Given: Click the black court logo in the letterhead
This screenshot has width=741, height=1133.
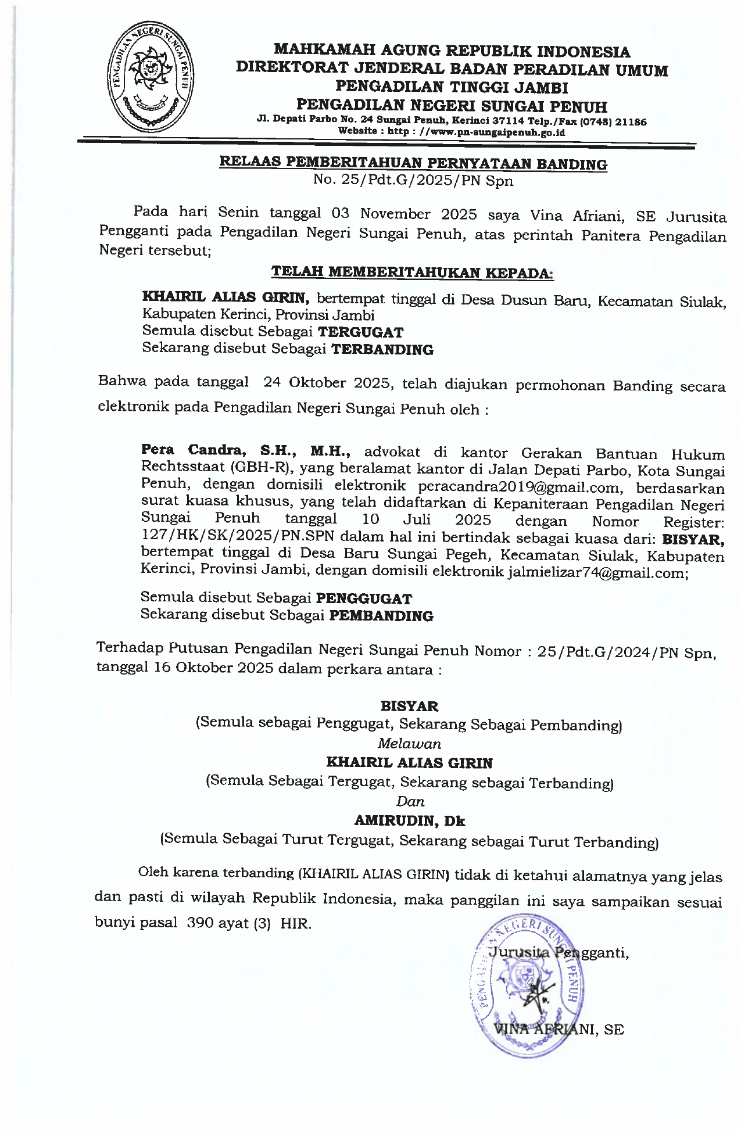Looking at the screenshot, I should pos(150,77).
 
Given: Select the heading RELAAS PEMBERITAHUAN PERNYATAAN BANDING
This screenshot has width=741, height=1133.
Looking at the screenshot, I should pos(413,163).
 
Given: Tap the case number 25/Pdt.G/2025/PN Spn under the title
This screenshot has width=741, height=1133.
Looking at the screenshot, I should pos(413,181).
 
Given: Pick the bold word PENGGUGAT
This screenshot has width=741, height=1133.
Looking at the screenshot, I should pos(364,598).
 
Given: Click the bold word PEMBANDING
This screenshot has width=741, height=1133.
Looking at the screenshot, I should pos(381,616).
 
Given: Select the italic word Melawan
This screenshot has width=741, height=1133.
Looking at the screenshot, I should pos(409,744).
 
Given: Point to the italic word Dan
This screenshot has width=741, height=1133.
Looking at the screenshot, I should pos(410,802).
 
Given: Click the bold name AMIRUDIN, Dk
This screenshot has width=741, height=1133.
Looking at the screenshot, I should pos(410,821).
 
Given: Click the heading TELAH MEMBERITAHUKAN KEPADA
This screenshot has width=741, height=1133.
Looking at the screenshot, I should pos(413,272).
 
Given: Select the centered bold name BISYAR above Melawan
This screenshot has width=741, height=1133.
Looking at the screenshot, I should pos(409,706).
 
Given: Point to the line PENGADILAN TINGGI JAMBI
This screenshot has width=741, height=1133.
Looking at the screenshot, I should pos(452,88).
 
